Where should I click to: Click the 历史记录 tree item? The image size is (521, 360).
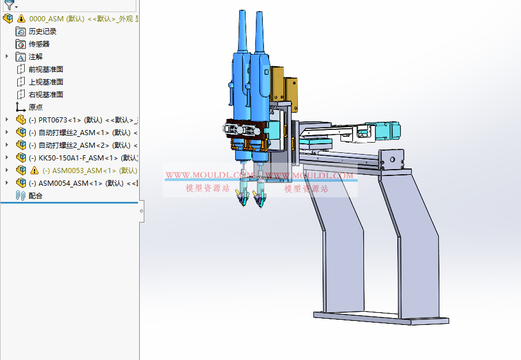pos(43,32)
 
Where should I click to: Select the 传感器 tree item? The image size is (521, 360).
pos(39,44)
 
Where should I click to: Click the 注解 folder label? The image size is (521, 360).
pos(36,57)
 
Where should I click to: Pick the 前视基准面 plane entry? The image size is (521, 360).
pos(46,70)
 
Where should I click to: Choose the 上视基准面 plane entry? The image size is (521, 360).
pos(46,82)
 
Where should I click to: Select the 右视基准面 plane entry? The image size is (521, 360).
pos(46,95)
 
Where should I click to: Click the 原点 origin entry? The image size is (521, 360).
pos(36,108)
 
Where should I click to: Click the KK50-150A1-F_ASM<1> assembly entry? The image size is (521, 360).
pos(81,158)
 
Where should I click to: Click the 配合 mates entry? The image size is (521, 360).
pos(36,196)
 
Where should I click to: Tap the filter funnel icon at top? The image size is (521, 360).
pos(9,5)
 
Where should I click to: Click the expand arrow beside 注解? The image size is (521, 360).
pos(7,56)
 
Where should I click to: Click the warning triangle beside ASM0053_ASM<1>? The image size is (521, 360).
pos(34,170)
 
